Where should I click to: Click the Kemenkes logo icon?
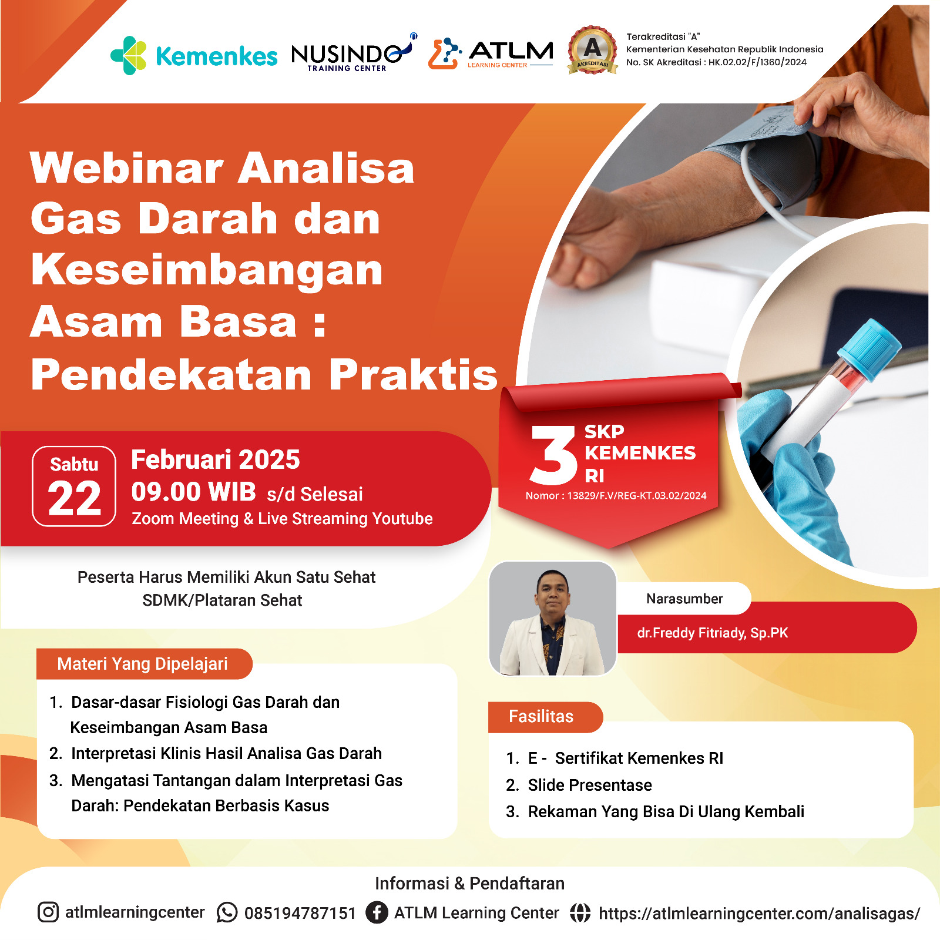coord(129,55)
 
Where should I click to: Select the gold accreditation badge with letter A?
coord(593,50)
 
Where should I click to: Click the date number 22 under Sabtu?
coord(75,499)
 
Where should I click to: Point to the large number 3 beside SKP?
coord(553,455)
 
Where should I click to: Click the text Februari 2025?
coord(216,459)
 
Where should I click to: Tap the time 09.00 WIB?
coord(194,492)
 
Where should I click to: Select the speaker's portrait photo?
coord(552,618)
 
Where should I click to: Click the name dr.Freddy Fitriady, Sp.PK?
coord(713,633)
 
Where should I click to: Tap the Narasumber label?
coord(684,599)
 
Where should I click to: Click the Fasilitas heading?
coord(541,716)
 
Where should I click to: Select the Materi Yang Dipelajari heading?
coord(142,664)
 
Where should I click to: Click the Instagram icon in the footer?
coord(48,912)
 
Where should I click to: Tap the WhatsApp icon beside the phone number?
coord(227,912)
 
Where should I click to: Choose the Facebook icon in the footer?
coord(377,912)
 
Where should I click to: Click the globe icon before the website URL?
coord(580,912)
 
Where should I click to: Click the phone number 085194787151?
coord(300,913)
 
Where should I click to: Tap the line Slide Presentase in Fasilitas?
coord(590,785)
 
